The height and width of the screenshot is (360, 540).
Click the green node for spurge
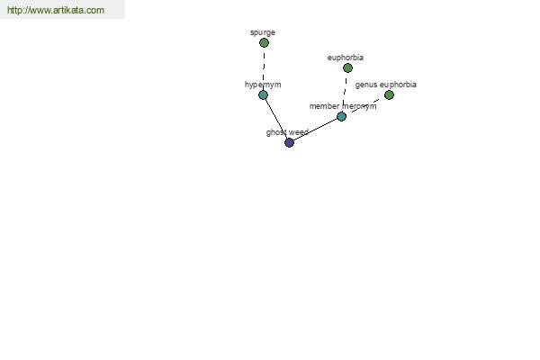264,42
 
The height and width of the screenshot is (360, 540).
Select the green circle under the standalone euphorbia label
347,67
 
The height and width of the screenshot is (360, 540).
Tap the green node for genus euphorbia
389,94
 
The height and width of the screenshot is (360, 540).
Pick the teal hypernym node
263,94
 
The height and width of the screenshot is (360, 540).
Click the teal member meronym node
341,116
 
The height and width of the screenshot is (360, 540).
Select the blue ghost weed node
289,142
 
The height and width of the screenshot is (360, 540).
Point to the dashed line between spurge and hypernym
264,69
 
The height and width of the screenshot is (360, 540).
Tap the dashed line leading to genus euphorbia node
365,105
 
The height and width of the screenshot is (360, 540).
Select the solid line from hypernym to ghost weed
276,119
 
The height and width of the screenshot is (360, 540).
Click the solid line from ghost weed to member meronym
316,130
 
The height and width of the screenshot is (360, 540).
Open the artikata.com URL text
56,10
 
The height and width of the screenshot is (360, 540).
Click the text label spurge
263,32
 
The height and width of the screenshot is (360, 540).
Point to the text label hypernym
263,85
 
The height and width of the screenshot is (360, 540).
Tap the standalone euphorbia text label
346,58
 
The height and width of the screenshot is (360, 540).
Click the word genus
366,85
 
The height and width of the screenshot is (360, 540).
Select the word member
324,106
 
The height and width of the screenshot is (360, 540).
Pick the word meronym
359,106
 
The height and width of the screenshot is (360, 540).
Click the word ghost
276,132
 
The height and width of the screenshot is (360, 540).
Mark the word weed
298,132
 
